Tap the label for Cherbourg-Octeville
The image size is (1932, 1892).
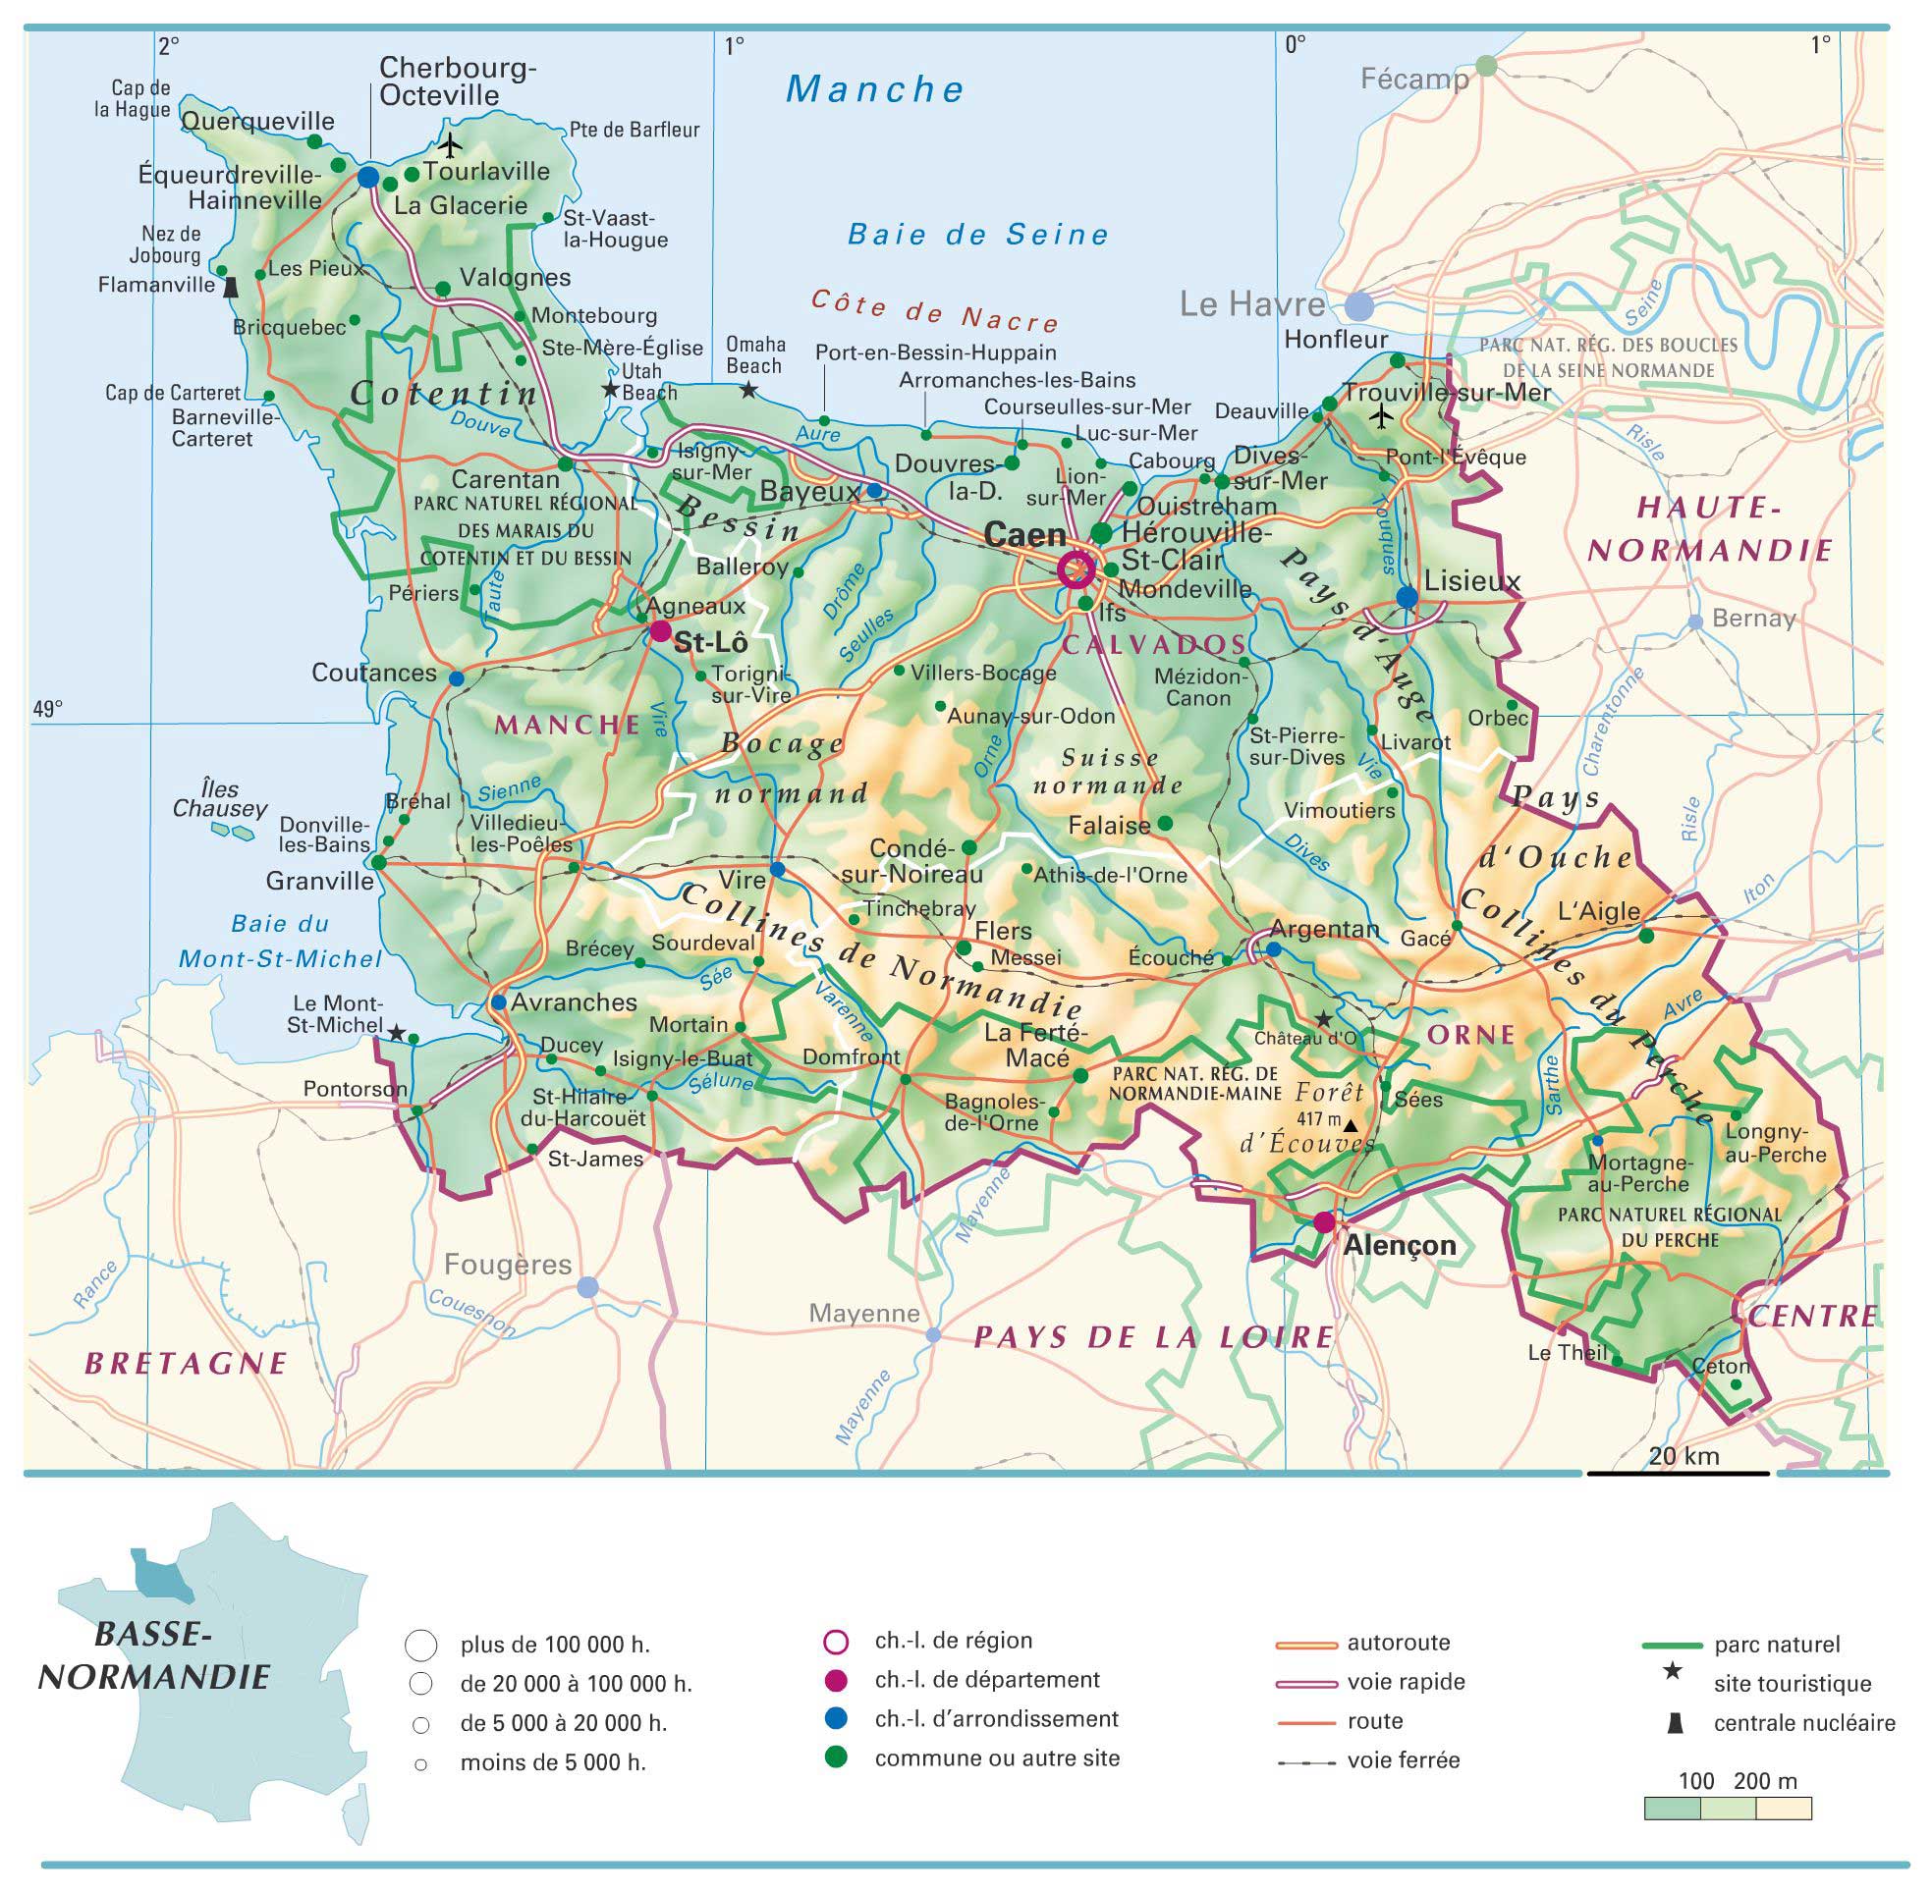pyautogui.click(x=458, y=81)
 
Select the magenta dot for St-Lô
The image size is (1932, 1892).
pyautogui.click(x=660, y=631)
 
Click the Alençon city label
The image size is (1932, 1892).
pyautogui.click(x=1400, y=1245)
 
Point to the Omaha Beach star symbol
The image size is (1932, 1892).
pyautogui.click(x=748, y=392)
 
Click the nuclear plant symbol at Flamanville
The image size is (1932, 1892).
pyautogui.click(x=232, y=287)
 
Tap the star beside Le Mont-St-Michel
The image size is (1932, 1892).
pyautogui.click(x=396, y=1034)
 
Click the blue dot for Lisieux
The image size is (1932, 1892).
pyautogui.click(x=1408, y=596)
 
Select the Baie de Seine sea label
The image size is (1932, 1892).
pyautogui.click(x=978, y=236)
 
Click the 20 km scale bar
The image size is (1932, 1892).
pyautogui.click(x=1678, y=1473)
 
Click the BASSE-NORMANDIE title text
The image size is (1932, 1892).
pyautogui.click(x=153, y=1656)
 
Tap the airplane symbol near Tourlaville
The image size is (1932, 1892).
pyautogui.click(x=451, y=145)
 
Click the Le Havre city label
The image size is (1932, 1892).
pyautogui.click(x=1252, y=304)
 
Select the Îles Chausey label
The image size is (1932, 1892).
pyautogui.click(x=220, y=799)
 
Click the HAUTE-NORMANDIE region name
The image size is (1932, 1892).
pyautogui.click(x=1709, y=528)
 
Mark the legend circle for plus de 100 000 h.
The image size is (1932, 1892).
pyautogui.click(x=421, y=1646)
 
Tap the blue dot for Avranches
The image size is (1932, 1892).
pyautogui.click(x=498, y=1002)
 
